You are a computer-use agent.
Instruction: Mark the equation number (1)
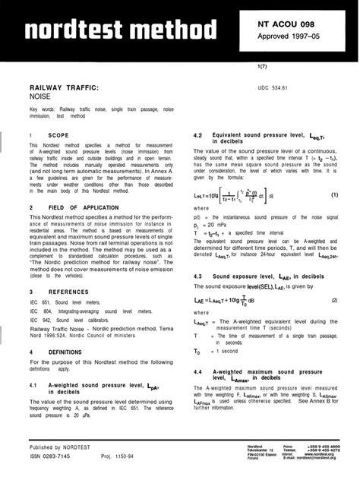point(334,195)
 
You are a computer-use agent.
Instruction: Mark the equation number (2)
point(334,301)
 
